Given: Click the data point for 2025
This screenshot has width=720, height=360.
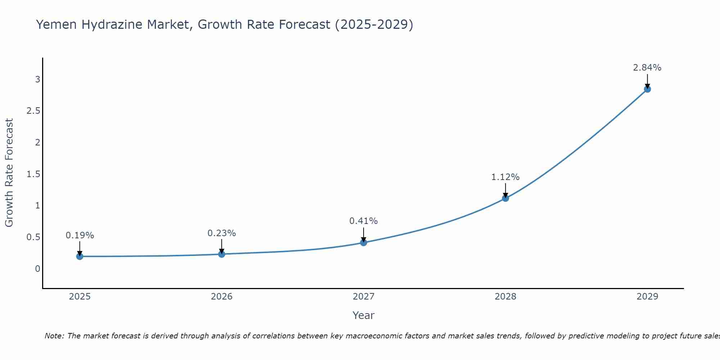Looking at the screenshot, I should point(80,256).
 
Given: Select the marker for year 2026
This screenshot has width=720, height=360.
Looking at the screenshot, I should point(221,254).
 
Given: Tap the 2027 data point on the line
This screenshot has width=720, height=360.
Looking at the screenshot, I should point(364,243).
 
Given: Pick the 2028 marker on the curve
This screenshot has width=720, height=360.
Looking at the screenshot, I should point(505,198).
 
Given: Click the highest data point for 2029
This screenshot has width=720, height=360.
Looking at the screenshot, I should point(647,89).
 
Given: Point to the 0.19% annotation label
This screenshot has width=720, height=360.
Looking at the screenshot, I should point(80,235).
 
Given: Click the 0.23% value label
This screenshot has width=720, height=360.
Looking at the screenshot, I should point(221,233).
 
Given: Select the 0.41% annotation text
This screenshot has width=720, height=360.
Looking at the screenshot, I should point(364,221).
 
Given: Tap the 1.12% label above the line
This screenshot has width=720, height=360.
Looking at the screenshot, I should point(505,177).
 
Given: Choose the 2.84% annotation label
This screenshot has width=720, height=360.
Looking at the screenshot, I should point(647,68).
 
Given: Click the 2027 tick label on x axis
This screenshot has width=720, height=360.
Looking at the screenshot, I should point(364,297).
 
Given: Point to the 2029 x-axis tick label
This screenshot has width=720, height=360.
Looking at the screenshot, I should point(647,297).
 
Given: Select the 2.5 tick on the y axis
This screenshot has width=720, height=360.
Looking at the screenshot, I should point(33,111).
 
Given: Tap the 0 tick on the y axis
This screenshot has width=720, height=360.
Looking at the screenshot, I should point(37,269).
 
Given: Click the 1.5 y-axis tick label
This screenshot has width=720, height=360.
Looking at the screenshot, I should point(33,174).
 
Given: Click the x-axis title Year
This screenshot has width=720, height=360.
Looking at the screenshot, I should point(364,315).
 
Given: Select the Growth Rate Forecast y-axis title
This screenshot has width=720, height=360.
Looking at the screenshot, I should point(9,173).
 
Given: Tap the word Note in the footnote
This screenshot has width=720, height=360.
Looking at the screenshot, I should point(54,336).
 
